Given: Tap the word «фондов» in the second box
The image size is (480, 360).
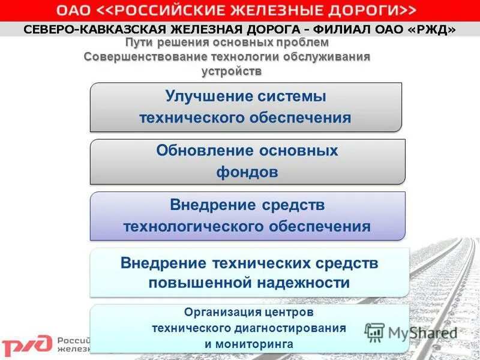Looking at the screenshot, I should pyautogui.click(x=247, y=173).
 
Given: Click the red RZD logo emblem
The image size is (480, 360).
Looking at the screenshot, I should pyautogui.click(x=27, y=345).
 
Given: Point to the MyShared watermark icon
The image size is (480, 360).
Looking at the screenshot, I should pyautogui.click(x=375, y=332).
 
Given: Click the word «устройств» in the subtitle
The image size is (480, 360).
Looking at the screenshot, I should pyautogui.click(x=232, y=71).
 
